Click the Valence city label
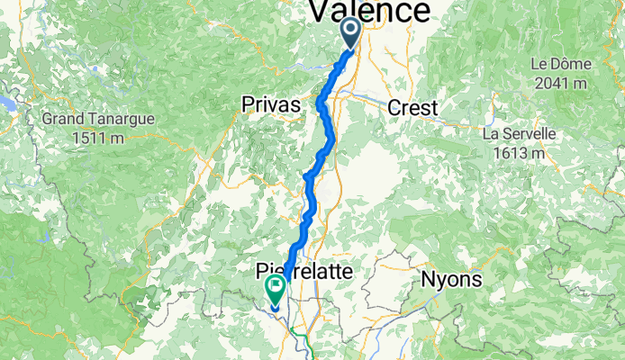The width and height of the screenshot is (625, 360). [x=370, y=12]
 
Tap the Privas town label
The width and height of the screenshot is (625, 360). [x=270, y=106]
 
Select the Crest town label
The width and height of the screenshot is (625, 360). [x=412, y=108]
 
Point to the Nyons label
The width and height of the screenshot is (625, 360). [x=451, y=280]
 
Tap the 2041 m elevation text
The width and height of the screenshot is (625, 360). [x=559, y=84]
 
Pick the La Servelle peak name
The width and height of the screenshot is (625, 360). [x=518, y=134]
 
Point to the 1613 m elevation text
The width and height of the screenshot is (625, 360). [x=518, y=153]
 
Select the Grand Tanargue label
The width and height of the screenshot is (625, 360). [x=98, y=118]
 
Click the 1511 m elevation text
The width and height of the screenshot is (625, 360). [x=99, y=137]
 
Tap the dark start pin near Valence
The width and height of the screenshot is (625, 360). [x=349, y=34]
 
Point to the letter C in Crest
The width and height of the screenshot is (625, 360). [x=394, y=108]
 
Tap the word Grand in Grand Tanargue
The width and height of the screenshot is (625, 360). [x=62, y=118]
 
